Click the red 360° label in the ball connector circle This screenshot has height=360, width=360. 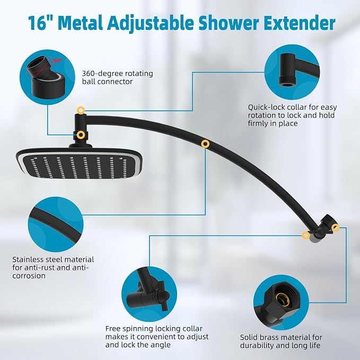pos(57,60)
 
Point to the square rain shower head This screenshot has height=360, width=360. pos(79,163)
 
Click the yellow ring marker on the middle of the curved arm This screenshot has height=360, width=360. pos(205,144)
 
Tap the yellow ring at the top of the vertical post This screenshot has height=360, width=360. pos(81,110)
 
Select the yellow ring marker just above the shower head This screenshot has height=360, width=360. pos(80,135)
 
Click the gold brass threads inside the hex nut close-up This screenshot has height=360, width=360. pos(281,298)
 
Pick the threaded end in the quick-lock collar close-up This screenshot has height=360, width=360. pos(287,81)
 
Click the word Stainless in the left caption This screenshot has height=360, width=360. pos(28,259)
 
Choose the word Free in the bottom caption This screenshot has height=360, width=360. pos(113,329)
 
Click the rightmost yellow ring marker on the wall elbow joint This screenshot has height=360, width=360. pos(336,227)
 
